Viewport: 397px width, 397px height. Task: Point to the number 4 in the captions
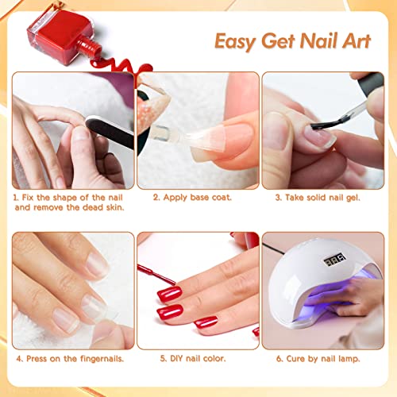pyautogui.click(x=17, y=358)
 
